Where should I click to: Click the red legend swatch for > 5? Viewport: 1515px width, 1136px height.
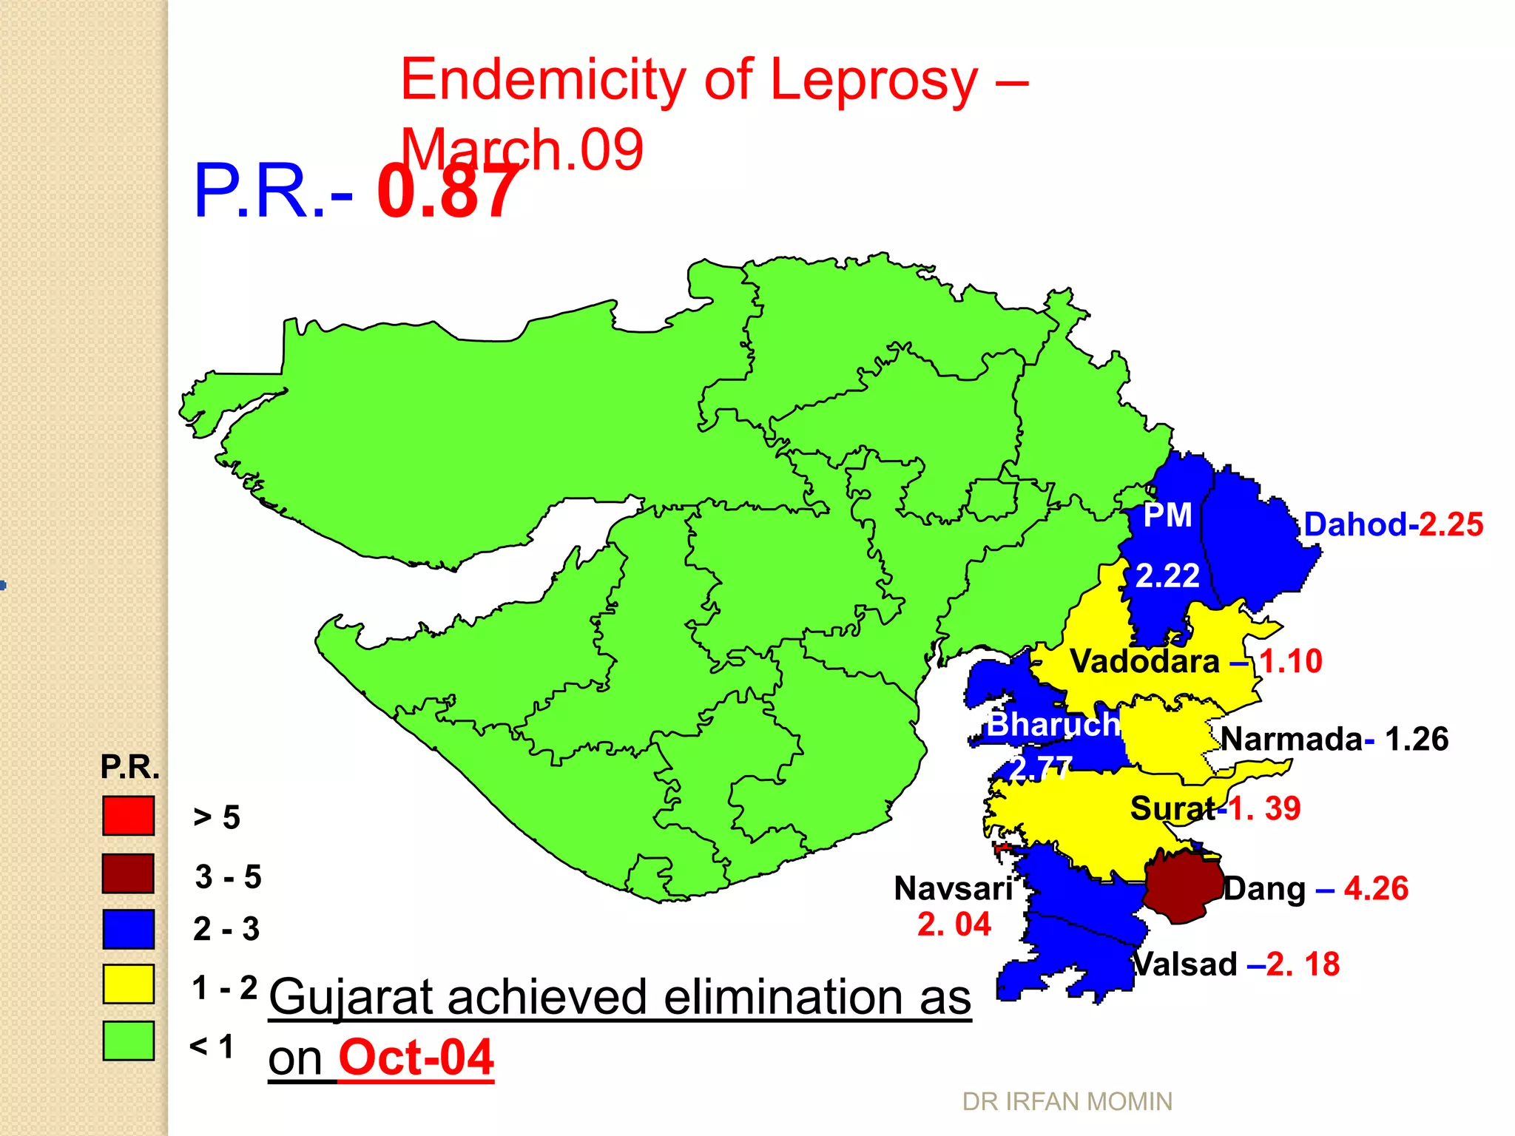click(128, 816)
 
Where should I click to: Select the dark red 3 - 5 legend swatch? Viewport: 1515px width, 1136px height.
click(128, 873)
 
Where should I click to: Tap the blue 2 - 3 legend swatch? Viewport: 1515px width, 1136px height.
click(128, 929)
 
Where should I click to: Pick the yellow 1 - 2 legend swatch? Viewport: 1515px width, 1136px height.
click(128, 984)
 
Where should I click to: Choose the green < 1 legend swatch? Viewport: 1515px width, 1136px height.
click(128, 1041)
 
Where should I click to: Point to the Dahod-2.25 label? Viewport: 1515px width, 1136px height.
click(1393, 524)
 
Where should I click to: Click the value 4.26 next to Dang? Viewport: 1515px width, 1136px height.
click(1376, 888)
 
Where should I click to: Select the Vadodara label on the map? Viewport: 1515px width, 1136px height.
click(1144, 661)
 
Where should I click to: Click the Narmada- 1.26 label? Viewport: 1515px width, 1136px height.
click(1334, 739)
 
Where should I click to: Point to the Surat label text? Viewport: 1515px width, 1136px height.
click(1172, 808)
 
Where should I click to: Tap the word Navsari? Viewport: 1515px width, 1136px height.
click(953, 888)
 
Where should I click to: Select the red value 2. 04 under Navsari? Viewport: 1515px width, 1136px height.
click(954, 924)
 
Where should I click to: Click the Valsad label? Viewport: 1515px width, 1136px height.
click(1185, 964)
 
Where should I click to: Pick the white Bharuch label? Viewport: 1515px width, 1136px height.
click(1053, 724)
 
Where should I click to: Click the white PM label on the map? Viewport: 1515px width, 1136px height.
click(1167, 515)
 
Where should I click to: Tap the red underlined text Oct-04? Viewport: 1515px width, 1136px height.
click(416, 1058)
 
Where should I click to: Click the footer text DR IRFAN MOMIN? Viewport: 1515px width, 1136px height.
click(1067, 1102)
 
